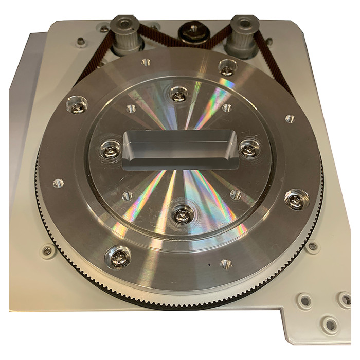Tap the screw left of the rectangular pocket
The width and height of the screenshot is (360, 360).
(x=110, y=151)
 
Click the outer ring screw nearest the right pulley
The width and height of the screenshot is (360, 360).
(x=227, y=67)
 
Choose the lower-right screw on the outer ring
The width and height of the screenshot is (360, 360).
(x=295, y=201)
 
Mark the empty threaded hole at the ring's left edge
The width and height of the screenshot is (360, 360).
(x=58, y=183)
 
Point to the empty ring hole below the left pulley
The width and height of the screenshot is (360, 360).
(x=146, y=63)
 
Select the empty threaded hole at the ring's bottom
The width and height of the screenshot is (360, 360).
(x=225, y=264)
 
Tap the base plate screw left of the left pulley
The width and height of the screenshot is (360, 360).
(x=80, y=42)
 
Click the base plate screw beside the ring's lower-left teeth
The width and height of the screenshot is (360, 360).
(x=47, y=250)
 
